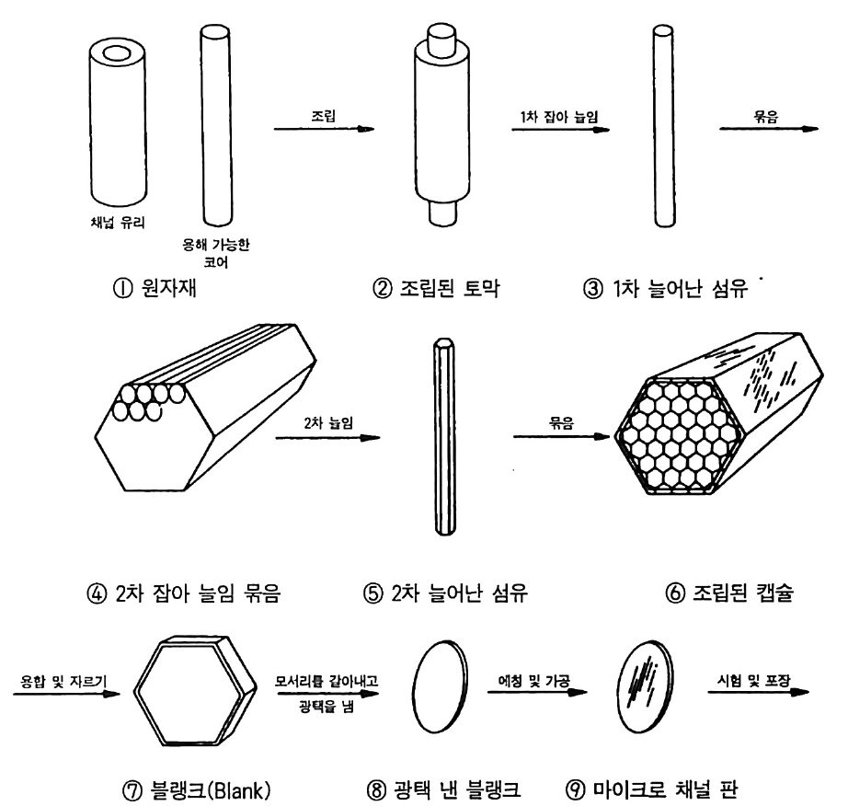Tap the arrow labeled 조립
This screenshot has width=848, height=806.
pos(324,129)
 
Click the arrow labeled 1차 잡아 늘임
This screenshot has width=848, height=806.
pos(561,130)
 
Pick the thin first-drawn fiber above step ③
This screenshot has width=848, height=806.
pos(663,125)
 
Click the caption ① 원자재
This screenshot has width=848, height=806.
pos(155,287)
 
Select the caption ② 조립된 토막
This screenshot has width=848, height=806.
pos(436,288)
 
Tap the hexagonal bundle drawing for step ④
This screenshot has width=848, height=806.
pos(205,408)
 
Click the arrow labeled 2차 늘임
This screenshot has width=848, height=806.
pos(327,437)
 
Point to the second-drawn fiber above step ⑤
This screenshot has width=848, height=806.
pos(444,436)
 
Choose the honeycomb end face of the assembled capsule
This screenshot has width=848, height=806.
pos(680,436)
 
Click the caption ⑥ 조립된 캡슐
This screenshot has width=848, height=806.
pos(729,593)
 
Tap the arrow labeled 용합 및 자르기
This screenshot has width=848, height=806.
pos(66,693)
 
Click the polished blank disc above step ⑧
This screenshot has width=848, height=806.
pos(441,687)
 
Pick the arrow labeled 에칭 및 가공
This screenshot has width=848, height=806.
pos(537,692)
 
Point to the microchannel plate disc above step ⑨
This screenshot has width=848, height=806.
pos(645,686)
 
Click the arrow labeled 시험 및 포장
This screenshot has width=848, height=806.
pos(759,691)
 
